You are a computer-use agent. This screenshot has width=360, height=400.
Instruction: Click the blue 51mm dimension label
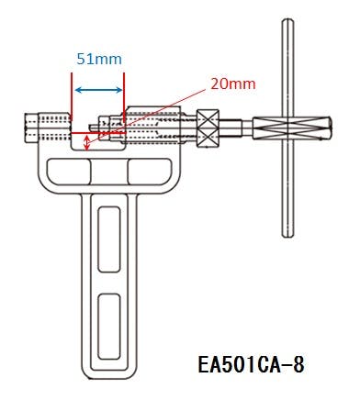tap(99, 59)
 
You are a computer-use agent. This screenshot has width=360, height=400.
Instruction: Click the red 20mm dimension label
tap(233, 84)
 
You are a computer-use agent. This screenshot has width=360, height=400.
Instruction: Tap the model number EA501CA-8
tap(251, 364)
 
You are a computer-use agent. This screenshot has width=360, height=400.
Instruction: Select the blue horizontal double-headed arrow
tap(98, 90)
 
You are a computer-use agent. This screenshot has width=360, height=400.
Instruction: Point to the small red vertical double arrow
tap(87, 143)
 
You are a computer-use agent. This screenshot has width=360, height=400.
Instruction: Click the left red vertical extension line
tap(71, 96)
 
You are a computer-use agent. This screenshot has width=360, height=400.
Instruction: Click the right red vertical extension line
tap(124, 96)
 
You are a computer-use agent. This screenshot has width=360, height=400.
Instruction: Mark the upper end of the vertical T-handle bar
tap(287, 19)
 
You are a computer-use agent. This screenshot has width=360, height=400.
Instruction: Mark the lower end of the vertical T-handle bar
tap(287, 236)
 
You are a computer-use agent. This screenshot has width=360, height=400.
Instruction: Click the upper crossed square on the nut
tap(208, 119)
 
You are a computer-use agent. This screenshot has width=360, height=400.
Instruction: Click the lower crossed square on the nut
tap(208, 139)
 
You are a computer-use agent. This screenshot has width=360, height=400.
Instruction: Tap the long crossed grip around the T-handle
tap(292, 128)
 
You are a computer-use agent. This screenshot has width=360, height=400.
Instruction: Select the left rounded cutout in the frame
tap(69, 172)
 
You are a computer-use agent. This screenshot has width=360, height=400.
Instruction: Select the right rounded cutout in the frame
tap(149, 172)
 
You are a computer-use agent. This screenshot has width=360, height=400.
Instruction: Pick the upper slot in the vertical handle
tap(109, 239)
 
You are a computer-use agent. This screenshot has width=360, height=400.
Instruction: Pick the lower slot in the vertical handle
tap(109, 327)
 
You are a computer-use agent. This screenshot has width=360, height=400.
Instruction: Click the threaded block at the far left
tap(47, 128)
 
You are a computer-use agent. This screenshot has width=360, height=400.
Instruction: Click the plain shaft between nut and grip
tap(236, 128)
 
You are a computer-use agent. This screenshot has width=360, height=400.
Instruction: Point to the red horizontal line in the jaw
tap(98, 133)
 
